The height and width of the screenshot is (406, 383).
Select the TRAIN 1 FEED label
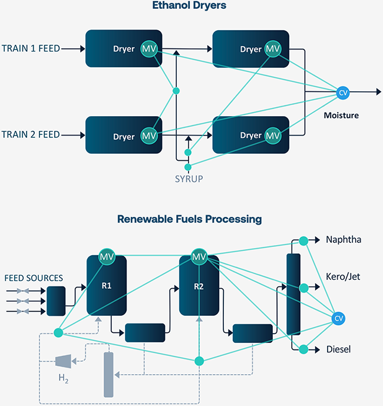[x=31, y=48]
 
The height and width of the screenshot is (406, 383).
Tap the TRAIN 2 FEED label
[x=31, y=135]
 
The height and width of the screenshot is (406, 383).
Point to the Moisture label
[x=341, y=115]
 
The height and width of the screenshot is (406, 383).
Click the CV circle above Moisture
[x=343, y=92]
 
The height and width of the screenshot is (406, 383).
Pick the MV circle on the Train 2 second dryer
[x=272, y=136]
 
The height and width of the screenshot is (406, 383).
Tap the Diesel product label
[x=338, y=349]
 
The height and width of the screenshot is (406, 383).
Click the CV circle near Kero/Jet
[x=338, y=318]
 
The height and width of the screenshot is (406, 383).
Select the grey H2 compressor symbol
[x=62, y=360]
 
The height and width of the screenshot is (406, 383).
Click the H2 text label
[x=62, y=378]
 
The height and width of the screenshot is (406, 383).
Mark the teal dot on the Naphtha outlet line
[x=303, y=240]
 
